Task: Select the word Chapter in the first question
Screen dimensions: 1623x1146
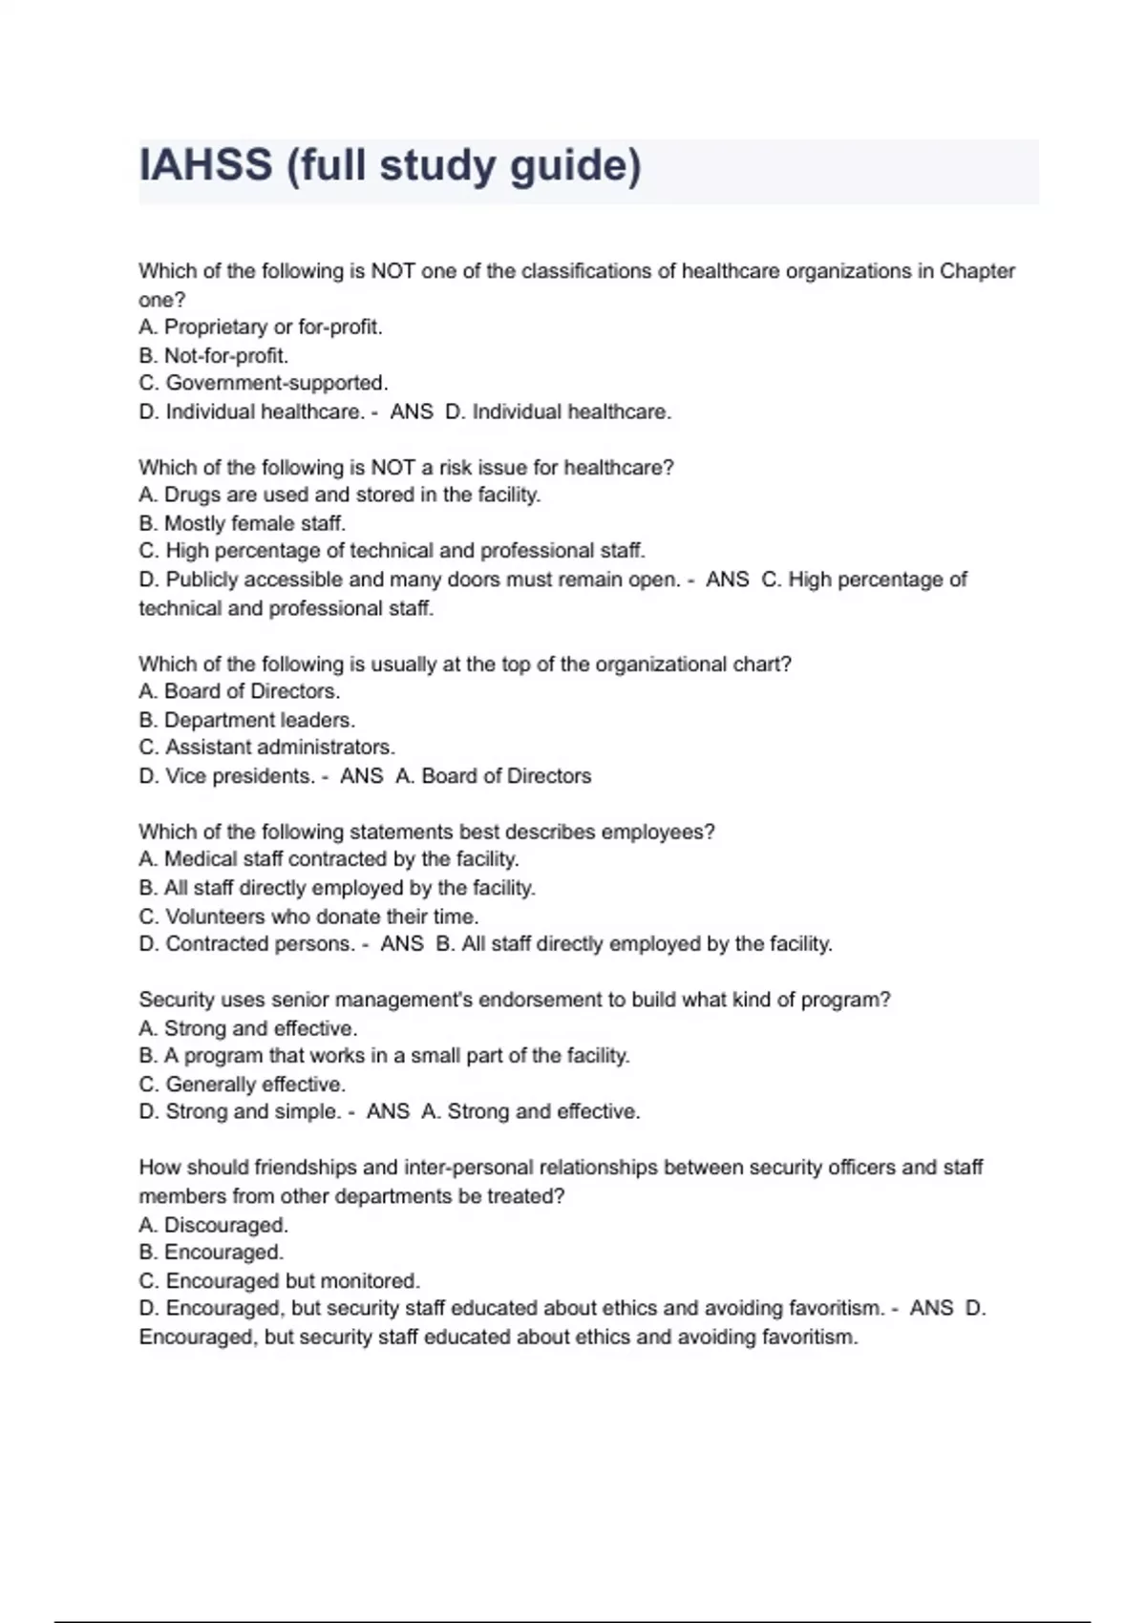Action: point(977,271)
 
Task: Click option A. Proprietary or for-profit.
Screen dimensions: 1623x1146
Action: point(260,327)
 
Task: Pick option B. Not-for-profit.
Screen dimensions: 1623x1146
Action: point(213,356)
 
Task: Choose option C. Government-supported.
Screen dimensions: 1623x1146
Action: point(263,384)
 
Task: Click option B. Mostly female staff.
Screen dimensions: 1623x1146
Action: point(242,523)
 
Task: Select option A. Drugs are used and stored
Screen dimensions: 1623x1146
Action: point(339,495)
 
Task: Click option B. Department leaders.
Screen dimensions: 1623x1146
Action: point(246,720)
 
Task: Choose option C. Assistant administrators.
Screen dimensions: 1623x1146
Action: point(266,748)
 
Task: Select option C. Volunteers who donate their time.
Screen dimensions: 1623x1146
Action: point(308,917)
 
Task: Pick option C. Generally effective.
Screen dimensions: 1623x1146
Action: point(242,1085)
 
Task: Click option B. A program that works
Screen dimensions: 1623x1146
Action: point(384,1056)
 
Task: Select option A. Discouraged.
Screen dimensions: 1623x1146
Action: point(213,1225)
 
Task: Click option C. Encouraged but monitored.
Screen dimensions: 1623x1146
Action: point(279,1281)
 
